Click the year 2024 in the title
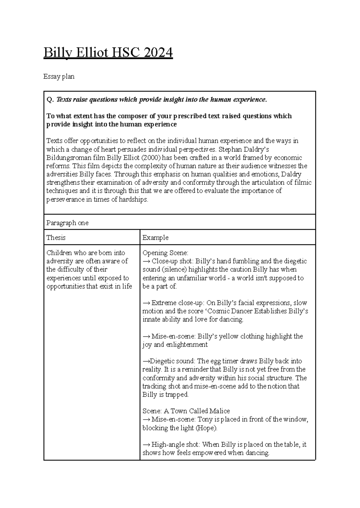click(x=158, y=53)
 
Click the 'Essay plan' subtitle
click(x=59, y=77)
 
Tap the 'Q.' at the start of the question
click(x=50, y=100)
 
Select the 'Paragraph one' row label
click(x=67, y=223)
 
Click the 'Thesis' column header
click(x=56, y=238)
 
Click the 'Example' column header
click(x=155, y=238)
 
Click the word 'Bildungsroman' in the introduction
click(x=69, y=158)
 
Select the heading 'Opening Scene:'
click(x=165, y=253)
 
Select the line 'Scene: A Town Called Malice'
click(x=186, y=411)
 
